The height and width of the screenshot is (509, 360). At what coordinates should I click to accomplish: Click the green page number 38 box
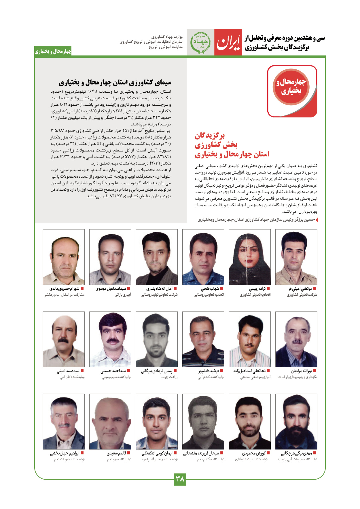pyautogui.click(x=180, y=479)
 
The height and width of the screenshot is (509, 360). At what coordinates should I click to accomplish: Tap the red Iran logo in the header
pyautogui.click(x=228, y=42)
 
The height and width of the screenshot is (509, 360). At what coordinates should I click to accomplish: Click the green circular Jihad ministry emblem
pyautogui.click(x=200, y=42)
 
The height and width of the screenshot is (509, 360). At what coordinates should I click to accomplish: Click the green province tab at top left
pyautogui.click(x=53, y=51)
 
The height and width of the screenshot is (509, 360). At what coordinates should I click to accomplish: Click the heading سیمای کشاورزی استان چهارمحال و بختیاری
pyautogui.click(x=115, y=83)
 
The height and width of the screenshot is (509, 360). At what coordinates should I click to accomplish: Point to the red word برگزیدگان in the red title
pyautogui.click(x=210, y=135)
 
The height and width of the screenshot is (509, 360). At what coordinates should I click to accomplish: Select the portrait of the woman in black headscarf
pyautogui.click(x=250, y=257)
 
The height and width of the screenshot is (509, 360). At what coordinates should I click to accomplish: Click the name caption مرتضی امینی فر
pyautogui.click(x=300, y=288)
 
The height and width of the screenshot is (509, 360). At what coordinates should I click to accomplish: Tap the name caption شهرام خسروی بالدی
pyautogui.click(x=64, y=288)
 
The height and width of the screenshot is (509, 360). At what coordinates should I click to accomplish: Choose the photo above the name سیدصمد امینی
pyautogui.click(x=64, y=339)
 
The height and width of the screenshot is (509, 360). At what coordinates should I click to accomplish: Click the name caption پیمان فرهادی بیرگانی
pyautogui.click(x=157, y=371)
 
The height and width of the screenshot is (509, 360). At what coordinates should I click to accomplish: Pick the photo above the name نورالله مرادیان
pyautogui.click(x=296, y=339)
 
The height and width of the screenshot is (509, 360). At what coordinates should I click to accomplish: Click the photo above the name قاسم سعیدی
pyautogui.click(x=110, y=421)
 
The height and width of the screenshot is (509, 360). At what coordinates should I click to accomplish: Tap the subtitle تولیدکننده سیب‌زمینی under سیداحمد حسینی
pyautogui.click(x=117, y=377)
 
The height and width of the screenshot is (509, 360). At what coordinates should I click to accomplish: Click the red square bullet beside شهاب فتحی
pyautogui.click(x=222, y=288)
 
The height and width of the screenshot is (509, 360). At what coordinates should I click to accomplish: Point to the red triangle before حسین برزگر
pyautogui.click(x=317, y=220)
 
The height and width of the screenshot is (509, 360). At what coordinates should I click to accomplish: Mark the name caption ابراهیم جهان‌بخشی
pyautogui.click(x=65, y=453)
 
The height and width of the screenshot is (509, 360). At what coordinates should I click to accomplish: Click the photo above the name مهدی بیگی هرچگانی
pyautogui.click(x=296, y=421)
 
